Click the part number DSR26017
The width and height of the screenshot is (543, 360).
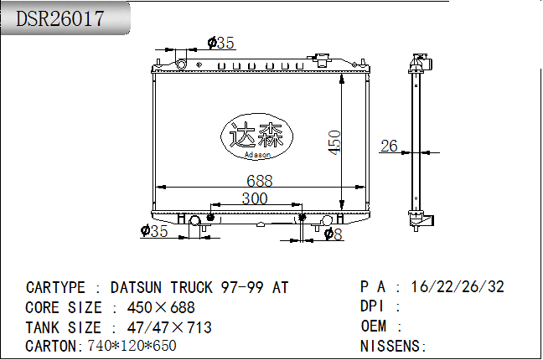coord(61,18)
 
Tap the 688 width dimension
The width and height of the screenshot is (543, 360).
coord(259,180)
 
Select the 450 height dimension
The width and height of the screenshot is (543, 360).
coord(334,141)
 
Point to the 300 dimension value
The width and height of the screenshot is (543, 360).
coord(254,198)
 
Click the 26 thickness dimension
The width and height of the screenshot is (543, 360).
coord(389,147)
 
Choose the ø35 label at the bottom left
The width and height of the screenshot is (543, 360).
coord(155,232)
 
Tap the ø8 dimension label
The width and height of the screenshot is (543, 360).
coord(334,234)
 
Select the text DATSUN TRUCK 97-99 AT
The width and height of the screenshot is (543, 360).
coord(199,288)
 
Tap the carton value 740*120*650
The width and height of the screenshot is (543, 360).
coord(132,346)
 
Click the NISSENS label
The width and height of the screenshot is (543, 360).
coord(394,346)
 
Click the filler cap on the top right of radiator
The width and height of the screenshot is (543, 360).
coord(323,61)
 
